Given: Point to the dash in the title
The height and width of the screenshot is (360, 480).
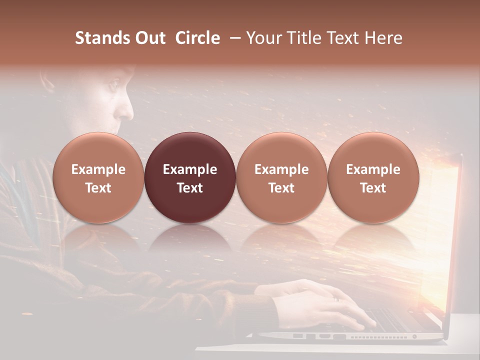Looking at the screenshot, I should point(236,38).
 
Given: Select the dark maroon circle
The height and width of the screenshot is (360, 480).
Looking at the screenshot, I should point(190,178).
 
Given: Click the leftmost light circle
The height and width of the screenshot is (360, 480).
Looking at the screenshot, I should point(98,178).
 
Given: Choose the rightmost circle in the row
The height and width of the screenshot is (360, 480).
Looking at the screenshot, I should point(373,178).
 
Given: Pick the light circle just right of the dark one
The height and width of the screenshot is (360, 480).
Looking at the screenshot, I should point(281,178).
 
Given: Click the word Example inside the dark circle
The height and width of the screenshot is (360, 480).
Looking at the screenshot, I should point(190,169).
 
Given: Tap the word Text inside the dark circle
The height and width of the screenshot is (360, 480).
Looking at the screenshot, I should point(190,188).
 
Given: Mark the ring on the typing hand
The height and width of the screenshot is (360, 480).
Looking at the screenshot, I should point(336,299).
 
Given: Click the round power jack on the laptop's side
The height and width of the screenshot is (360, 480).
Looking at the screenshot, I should point(414,336).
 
